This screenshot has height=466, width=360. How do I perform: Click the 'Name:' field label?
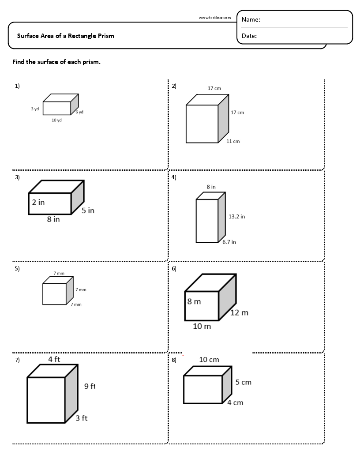tap(251, 20)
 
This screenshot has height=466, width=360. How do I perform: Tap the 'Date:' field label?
tap(249, 36)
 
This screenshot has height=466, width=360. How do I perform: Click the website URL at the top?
tap(214, 18)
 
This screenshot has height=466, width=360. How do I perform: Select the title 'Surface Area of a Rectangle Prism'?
tap(65, 36)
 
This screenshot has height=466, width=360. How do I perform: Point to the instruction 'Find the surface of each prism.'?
tap(56, 62)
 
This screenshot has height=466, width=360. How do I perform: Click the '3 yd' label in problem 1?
tap(35, 109)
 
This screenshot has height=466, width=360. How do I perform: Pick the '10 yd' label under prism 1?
tap(56, 120)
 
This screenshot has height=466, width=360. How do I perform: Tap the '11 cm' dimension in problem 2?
tap(233, 141)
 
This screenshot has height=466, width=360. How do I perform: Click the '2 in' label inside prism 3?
tap(38, 203)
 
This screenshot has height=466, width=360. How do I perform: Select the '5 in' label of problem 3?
tap(88, 210)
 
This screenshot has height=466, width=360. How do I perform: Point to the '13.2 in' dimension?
tap(236, 217)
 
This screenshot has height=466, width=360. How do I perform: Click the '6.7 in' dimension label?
tap(229, 242)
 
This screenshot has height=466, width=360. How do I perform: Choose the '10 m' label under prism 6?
tap(202, 327)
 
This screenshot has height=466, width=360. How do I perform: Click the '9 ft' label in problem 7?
tap(90, 386)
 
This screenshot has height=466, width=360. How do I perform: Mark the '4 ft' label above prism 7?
tap(54, 359)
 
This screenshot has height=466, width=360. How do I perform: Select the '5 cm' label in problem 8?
tap(243, 382)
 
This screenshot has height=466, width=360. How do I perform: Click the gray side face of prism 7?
tap(71, 393)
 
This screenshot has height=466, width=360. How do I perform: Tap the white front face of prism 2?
tap(202, 124)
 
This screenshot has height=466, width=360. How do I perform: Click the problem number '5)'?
tap(17, 268)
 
